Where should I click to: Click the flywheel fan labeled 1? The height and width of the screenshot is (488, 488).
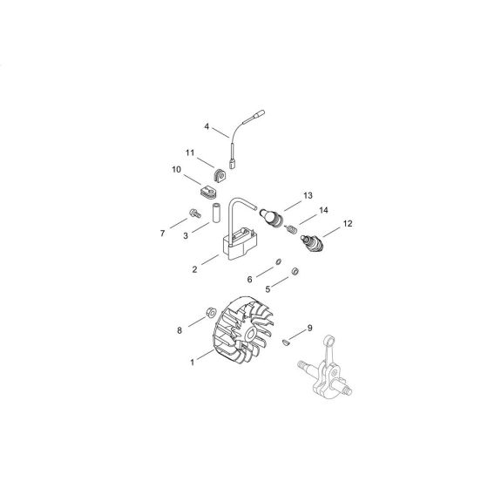point(243,330)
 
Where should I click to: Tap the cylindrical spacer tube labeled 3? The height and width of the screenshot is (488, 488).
point(216,213)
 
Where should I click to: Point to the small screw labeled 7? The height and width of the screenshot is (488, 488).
point(195,213)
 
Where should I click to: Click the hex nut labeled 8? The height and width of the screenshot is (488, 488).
point(211,312)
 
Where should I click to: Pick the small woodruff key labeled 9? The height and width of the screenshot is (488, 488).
point(286,342)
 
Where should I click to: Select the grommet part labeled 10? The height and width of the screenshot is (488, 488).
point(207,192)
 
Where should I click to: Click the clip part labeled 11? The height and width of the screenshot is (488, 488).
point(220,176)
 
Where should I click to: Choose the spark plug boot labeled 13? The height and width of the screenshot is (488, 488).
point(271,217)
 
